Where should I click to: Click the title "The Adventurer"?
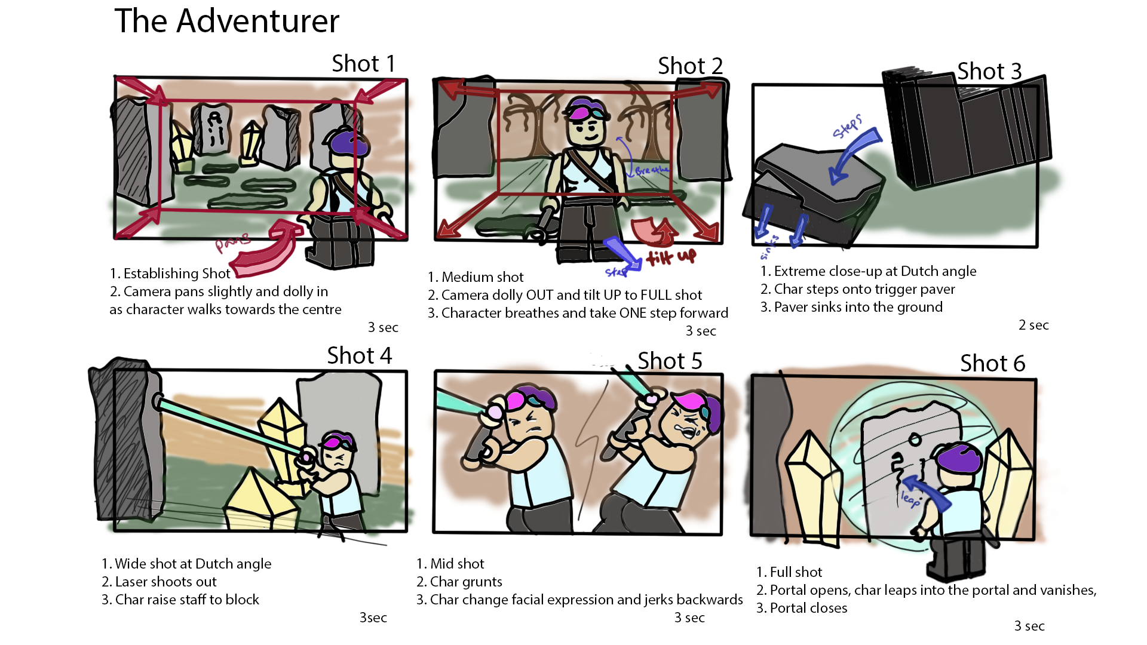tap(226, 21)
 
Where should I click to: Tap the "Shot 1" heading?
tap(363, 63)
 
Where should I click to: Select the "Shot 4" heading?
tap(359, 355)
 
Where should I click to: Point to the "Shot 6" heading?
tap(992, 363)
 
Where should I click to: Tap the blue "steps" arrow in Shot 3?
tap(854, 155)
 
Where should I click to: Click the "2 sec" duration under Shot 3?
tap(1033, 325)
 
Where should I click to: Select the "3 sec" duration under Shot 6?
tap(1029, 626)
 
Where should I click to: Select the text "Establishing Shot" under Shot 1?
tap(177, 274)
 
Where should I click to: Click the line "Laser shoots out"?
tap(165, 582)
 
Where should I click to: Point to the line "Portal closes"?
tap(808, 608)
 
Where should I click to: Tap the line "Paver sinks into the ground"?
tap(858, 307)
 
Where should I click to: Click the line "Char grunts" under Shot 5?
tap(466, 582)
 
